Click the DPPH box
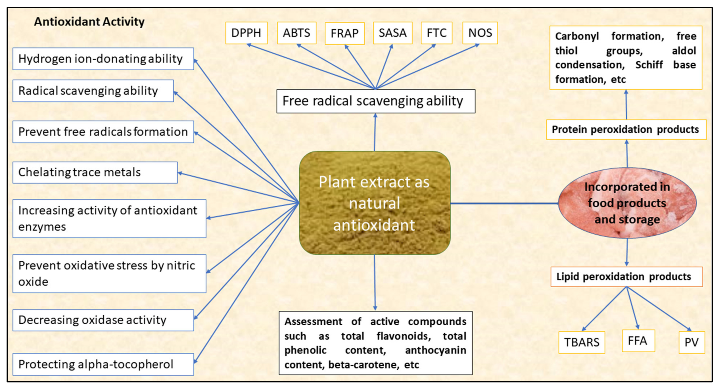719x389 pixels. [246, 33]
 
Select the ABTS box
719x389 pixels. [297, 33]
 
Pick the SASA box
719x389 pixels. [392, 33]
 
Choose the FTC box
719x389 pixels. [436, 33]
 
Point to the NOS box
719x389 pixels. [480, 33]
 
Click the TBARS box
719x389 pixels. [582, 342]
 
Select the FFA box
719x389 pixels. [638, 341]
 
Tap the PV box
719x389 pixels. [691, 342]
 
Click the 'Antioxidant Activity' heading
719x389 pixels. [89, 22]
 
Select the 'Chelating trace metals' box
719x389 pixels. [95, 172]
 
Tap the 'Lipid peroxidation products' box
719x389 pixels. [626, 277]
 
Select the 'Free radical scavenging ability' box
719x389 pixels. [375, 101]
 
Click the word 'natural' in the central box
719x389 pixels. [374, 203]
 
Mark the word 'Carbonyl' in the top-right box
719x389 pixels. [577, 36]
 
